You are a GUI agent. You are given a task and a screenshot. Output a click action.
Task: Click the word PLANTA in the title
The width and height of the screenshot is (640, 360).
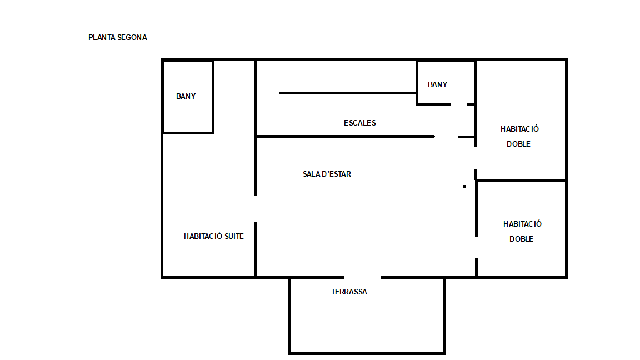tap(102, 38)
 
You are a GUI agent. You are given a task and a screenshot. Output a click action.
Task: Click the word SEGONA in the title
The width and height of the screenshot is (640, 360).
tap(132, 38)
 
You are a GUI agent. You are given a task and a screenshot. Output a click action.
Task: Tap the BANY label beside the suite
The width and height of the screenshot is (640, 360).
tap(186, 96)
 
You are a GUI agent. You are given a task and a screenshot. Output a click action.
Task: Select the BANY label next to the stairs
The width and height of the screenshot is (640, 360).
tap(438, 84)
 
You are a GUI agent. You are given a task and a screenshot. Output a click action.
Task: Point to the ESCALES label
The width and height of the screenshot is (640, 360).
tap(359, 123)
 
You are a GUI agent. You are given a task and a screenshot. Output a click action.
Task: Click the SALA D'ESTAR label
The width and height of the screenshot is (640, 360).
tap(327, 174)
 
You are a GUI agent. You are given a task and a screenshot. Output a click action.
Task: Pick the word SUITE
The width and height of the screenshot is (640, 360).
tap(234, 236)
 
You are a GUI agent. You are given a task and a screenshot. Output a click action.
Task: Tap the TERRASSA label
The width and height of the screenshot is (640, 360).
tap(349, 292)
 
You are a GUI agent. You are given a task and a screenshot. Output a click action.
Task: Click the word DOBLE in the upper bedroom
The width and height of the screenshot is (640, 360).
tap(518, 144)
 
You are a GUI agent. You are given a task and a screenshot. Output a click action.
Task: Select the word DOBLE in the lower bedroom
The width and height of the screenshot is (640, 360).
tap(521, 239)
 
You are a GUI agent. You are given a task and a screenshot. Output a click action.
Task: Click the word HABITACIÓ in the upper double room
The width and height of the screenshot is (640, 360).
tap(519, 129)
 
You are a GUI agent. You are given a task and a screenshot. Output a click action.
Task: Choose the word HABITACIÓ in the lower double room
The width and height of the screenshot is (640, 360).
tap(522, 224)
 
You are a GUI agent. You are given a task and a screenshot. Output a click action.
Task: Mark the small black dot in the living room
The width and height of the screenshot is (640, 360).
tap(464, 187)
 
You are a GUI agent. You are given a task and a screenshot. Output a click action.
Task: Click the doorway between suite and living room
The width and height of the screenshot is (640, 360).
tap(255, 209)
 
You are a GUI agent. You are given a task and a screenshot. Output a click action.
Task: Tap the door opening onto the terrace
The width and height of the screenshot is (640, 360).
tap(362, 278)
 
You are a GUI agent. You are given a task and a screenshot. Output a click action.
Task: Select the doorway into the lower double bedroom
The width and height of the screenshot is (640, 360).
tap(476, 247)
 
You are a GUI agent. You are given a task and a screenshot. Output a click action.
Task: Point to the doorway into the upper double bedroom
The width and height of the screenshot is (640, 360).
tap(476, 158)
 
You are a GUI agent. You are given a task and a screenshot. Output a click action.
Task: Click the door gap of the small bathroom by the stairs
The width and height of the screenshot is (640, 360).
tap(458, 105)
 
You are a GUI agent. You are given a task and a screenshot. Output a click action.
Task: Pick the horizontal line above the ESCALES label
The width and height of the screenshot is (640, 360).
tap(348, 93)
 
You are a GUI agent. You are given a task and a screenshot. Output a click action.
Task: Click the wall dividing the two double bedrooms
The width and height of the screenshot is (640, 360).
tap(521, 181)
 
